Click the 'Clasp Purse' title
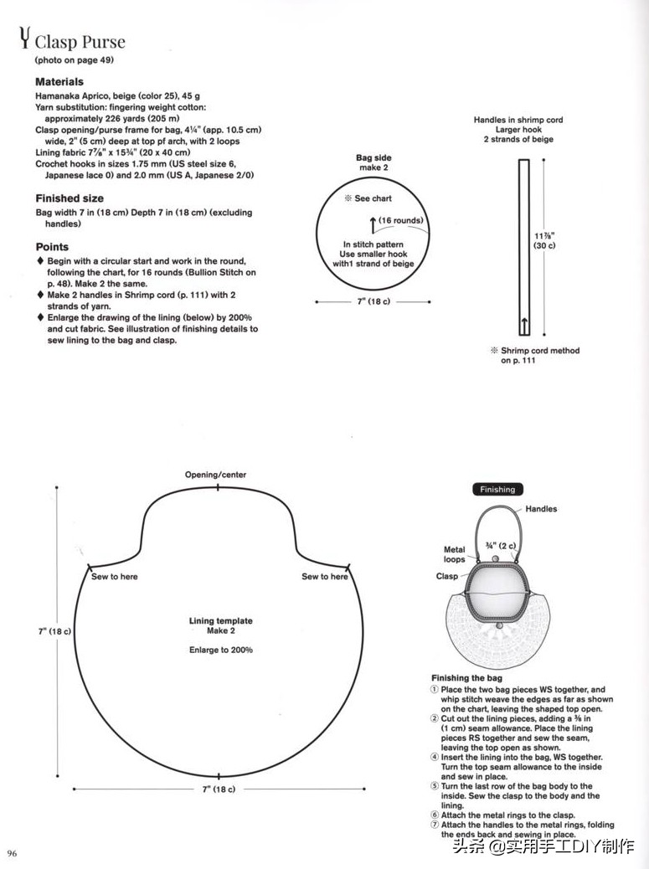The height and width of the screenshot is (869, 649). [x=80, y=42]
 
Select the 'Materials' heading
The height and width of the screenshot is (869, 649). [x=59, y=81]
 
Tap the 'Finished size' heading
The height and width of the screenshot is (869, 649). [x=70, y=198]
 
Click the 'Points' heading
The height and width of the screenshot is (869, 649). [x=52, y=247]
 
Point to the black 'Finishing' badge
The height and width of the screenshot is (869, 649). [x=497, y=490]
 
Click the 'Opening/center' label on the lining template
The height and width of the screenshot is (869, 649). [x=215, y=475]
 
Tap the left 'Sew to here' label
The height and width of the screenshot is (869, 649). [x=114, y=576]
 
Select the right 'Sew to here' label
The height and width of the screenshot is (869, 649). [x=325, y=576]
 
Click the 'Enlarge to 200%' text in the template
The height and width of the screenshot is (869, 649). [x=220, y=650]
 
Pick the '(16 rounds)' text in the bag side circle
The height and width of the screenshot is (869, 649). [x=401, y=220]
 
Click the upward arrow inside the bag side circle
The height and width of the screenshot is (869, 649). [x=373, y=225]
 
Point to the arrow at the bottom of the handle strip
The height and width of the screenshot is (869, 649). [x=523, y=326]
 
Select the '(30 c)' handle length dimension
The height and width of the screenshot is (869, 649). [x=544, y=245]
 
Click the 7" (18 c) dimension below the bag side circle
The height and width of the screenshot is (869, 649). [x=373, y=301]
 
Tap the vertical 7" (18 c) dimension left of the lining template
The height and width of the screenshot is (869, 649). [x=54, y=631]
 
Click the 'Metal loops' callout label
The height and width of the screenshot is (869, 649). [x=454, y=554]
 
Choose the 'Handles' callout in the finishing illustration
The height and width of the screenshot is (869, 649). [x=541, y=509]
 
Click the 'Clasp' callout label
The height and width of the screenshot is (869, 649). [x=446, y=576]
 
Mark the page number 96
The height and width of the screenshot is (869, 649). [x=13, y=853]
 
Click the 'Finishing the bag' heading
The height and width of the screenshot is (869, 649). [x=466, y=678]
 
